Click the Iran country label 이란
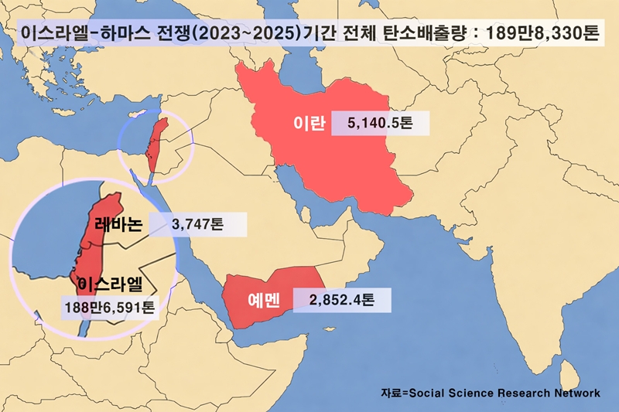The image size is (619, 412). (309, 124)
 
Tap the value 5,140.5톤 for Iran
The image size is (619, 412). (379, 124)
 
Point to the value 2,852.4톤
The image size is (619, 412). (340, 300)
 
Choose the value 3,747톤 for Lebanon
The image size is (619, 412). (197, 225)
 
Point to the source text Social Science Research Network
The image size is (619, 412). (504, 393)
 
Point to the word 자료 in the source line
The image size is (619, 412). (391, 393)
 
